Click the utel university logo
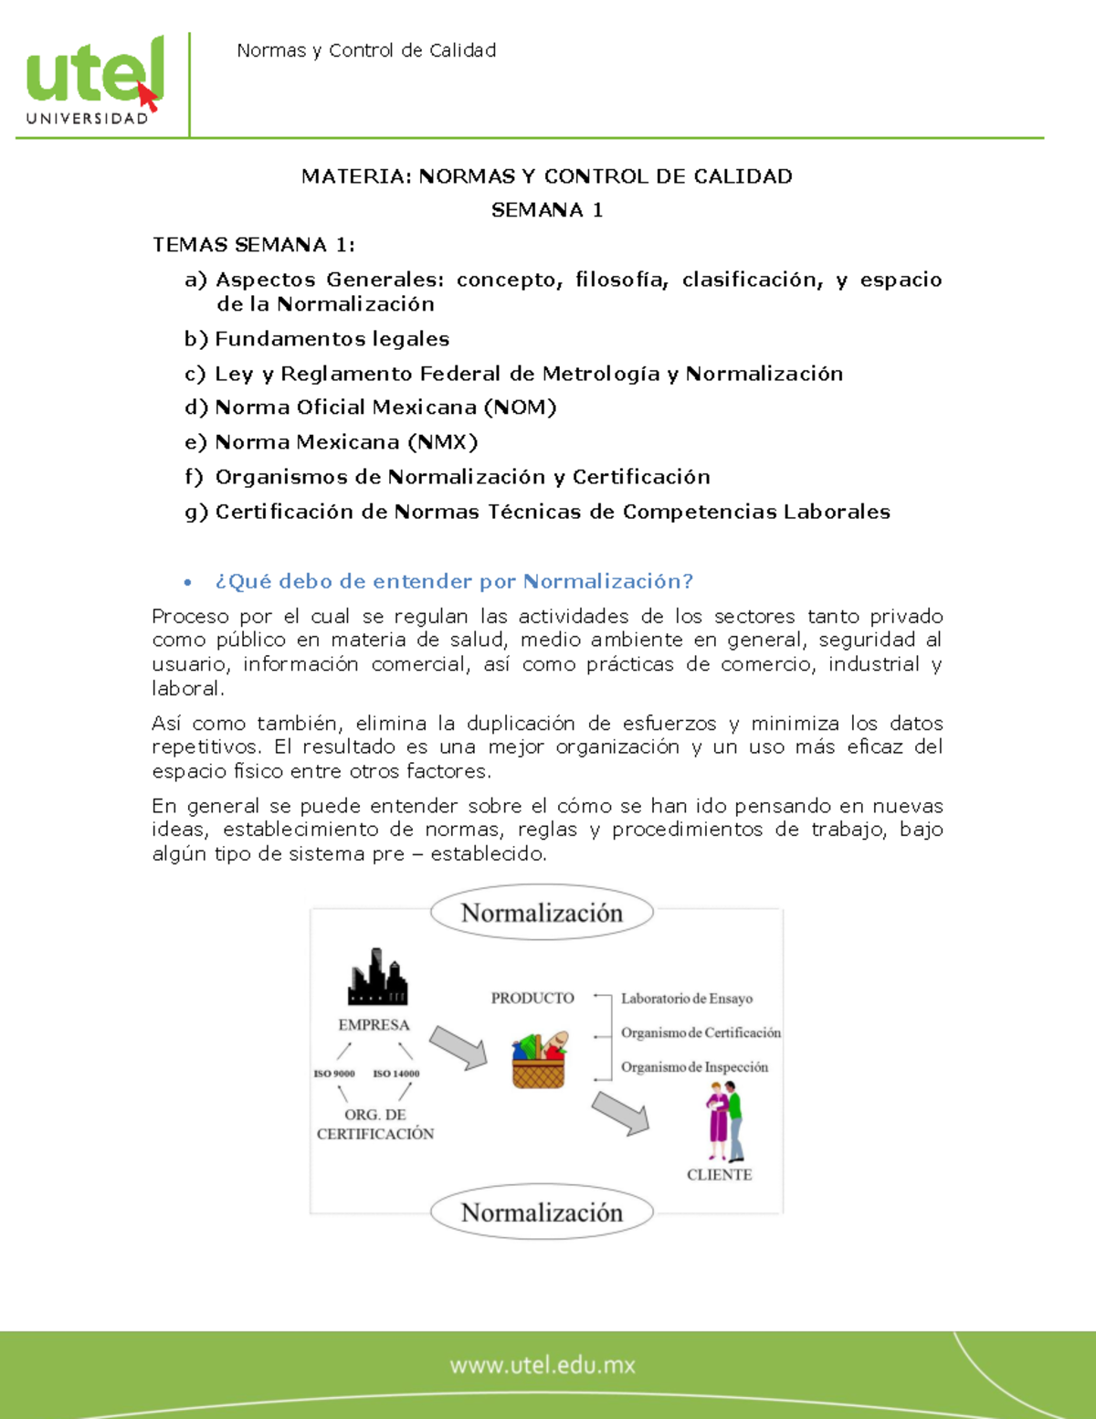(94, 80)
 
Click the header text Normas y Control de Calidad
(366, 51)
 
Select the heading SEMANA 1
(546, 210)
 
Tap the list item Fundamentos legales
(332, 339)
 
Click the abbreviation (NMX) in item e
(443, 442)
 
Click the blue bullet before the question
(188, 582)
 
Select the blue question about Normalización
(454, 581)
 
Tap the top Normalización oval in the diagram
(542, 913)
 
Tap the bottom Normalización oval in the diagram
(542, 1213)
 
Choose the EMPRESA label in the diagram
(374, 1025)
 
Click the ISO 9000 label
(334, 1074)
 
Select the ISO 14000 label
(396, 1074)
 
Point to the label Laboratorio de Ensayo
(687, 999)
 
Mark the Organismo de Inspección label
(694, 1067)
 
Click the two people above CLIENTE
(725, 1122)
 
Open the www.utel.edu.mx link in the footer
(543, 1365)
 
